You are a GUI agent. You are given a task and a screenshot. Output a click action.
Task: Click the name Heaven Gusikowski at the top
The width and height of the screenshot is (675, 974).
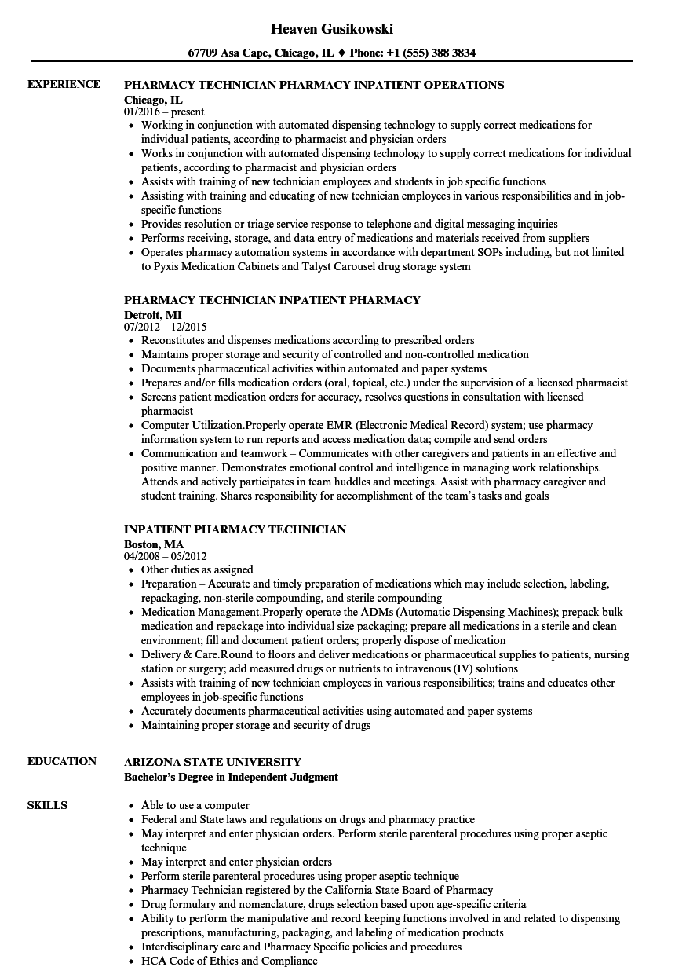[332, 29]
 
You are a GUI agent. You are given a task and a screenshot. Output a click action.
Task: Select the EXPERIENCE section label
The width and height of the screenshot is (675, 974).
[64, 84]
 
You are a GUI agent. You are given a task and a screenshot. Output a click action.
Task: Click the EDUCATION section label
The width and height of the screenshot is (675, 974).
[62, 761]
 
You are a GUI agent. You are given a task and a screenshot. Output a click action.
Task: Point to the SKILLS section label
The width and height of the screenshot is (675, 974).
[47, 805]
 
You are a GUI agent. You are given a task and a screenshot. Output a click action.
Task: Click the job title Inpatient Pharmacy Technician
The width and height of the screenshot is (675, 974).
[235, 529]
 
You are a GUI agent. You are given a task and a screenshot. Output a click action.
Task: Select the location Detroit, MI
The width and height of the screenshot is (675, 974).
[152, 314]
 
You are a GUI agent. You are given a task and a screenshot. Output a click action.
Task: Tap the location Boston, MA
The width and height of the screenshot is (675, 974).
[154, 544]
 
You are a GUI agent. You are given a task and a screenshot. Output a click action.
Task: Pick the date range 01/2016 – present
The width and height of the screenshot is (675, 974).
[164, 112]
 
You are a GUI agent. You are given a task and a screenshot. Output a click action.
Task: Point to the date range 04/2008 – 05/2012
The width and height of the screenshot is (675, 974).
[166, 557]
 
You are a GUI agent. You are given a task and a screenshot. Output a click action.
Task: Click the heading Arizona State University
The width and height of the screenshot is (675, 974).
[212, 762]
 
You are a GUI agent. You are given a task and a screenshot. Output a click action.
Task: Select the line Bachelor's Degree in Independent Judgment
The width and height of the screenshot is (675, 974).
[231, 777]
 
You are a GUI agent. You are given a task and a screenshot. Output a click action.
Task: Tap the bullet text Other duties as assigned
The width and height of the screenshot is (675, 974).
[197, 569]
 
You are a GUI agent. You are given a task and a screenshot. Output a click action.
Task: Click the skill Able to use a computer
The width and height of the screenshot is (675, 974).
[195, 805]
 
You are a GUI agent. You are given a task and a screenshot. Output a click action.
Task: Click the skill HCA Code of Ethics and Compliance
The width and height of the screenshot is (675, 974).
[229, 961]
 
